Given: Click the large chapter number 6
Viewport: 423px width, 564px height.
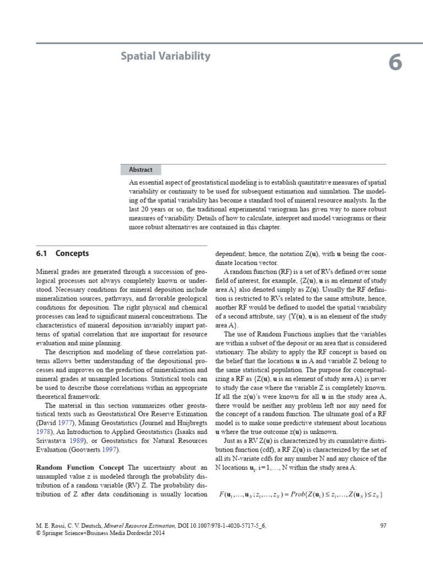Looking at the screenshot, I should click(395, 64).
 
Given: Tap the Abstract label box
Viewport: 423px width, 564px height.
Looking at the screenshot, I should click(142, 170).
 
